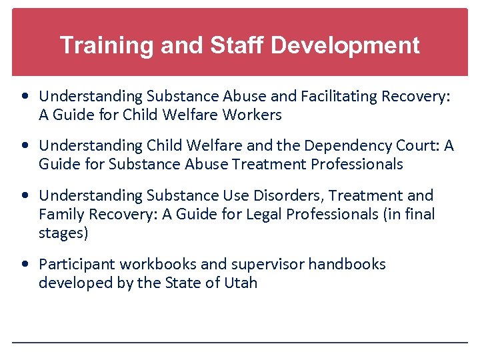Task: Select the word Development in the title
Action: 345,45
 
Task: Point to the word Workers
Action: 253,115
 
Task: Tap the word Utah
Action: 241,283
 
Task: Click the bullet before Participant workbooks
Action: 25,265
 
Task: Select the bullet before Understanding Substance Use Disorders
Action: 25,196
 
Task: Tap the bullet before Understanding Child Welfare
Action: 25,146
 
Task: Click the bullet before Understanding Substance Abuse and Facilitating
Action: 25,97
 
